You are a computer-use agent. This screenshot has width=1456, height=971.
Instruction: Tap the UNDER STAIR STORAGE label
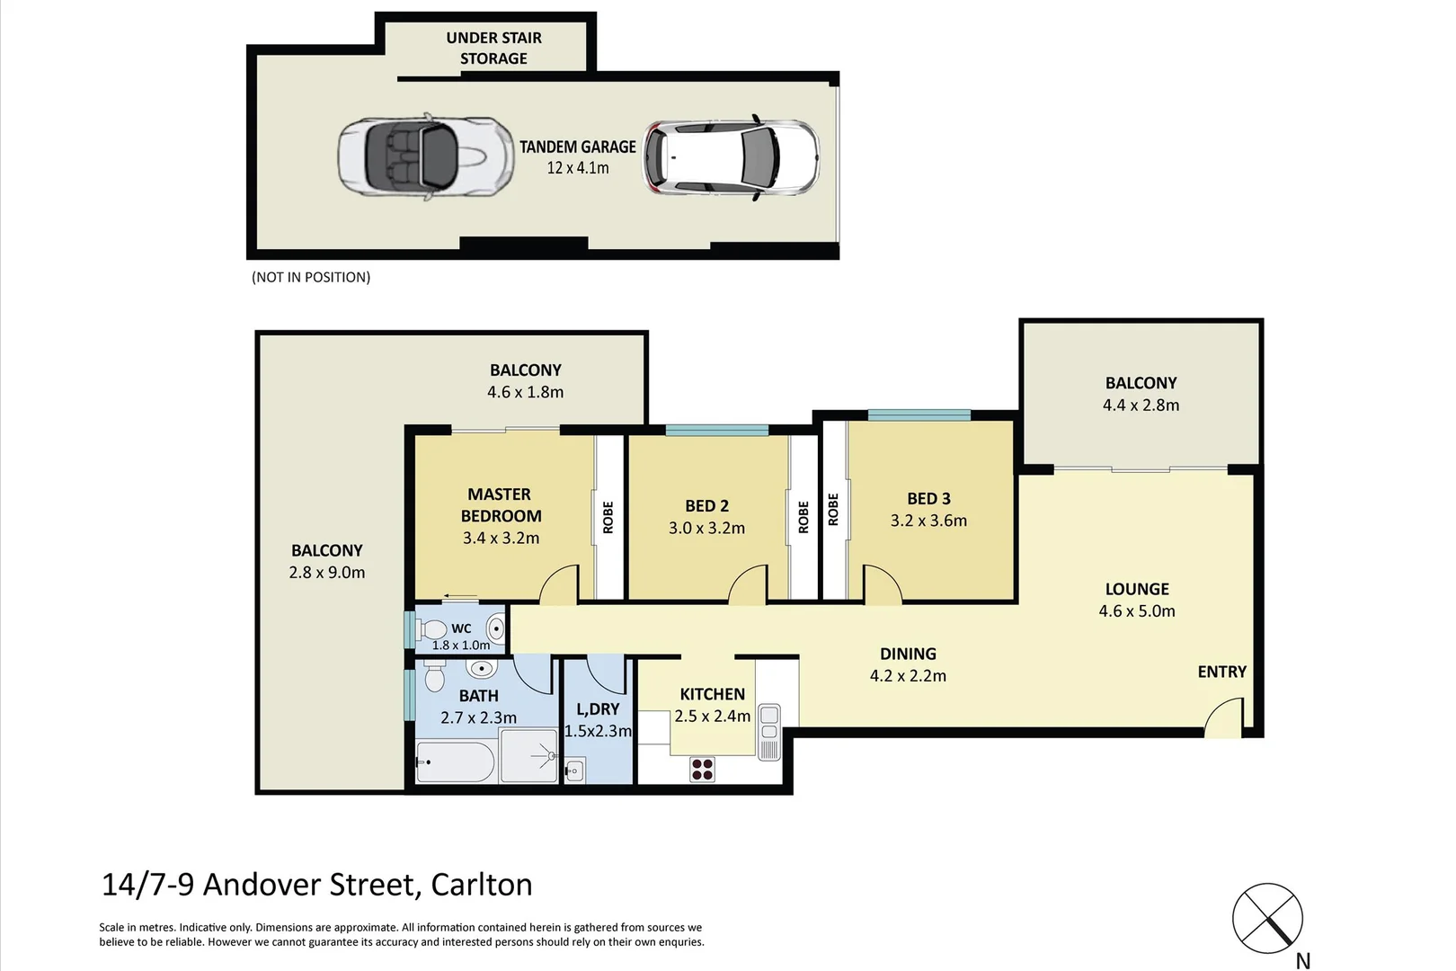pyautogui.click(x=493, y=49)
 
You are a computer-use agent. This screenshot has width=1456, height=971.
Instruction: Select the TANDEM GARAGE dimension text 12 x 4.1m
pyautogui.click(x=578, y=168)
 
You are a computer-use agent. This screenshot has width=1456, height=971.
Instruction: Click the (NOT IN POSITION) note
pyautogui.click(x=311, y=277)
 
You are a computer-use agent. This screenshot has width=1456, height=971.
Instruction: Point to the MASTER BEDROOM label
pyautogui.click(x=501, y=505)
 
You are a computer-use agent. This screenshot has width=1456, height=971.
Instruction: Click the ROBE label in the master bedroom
pyautogui.click(x=608, y=517)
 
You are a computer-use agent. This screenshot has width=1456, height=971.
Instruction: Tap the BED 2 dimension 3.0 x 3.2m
pyautogui.click(x=706, y=528)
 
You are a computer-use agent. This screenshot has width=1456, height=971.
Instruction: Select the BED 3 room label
pyautogui.click(x=928, y=498)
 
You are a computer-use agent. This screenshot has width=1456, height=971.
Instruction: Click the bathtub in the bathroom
pyautogui.click(x=455, y=763)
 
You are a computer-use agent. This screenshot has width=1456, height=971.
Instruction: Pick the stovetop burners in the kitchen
pyautogui.click(x=702, y=770)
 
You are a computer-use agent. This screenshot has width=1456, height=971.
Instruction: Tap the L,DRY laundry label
pyautogui.click(x=598, y=709)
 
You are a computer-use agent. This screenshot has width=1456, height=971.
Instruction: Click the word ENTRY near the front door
pyautogui.click(x=1221, y=672)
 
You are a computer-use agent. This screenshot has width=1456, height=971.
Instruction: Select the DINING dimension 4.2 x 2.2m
pyautogui.click(x=908, y=676)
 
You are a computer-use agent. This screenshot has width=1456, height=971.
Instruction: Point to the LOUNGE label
pyautogui.click(x=1137, y=589)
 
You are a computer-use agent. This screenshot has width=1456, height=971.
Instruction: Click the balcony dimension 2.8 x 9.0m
pyautogui.click(x=327, y=573)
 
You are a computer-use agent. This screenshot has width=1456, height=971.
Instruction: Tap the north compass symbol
pyautogui.click(x=1267, y=919)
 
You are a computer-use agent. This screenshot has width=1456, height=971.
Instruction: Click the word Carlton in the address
pyautogui.click(x=482, y=885)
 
